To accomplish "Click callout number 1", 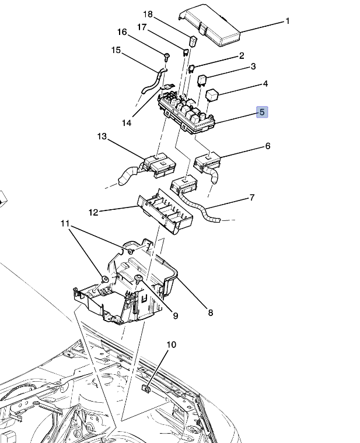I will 287,22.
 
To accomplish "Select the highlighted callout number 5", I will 262,112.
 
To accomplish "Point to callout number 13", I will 102,136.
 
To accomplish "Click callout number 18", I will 148,13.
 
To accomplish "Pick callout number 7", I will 251,198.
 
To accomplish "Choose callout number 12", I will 93,212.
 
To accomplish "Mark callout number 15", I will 116,51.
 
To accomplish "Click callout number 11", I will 65,223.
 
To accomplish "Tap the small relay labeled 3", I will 203,79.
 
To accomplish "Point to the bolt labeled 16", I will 167,57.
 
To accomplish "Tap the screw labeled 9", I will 139,279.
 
